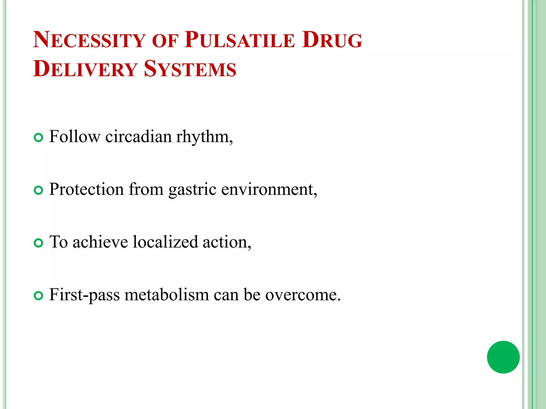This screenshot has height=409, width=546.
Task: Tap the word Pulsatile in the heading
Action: pos(240,40)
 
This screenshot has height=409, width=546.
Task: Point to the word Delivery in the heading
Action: pos(85,69)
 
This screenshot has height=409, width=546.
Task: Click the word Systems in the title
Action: pos(190,69)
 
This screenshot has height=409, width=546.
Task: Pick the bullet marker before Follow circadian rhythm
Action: pos(39,138)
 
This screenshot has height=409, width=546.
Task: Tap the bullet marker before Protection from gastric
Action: pos(39,190)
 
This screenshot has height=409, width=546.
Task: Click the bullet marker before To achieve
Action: pos(39,243)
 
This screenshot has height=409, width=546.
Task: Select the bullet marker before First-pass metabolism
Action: pos(39,296)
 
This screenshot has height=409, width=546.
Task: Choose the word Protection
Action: pos(86,189)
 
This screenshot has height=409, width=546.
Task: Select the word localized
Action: pos(165,242)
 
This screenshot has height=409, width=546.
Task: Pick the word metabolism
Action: pos(167,295)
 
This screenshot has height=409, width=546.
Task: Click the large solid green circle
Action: pos(503,357)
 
